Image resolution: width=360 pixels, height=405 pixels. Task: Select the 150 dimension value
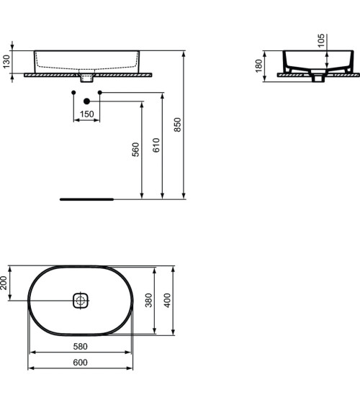[86, 114]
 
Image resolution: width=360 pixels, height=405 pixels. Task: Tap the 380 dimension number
[148, 300]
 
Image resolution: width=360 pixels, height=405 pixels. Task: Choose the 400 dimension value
[168, 300]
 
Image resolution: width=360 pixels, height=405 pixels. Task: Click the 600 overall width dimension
[80, 363]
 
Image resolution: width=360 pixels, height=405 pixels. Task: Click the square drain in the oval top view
[80, 300]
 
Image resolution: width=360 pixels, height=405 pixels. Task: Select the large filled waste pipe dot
[87, 101]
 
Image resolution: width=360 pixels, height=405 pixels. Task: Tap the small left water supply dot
[73, 93]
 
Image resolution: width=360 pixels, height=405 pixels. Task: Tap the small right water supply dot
[100, 93]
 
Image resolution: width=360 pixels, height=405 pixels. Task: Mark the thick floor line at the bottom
[86, 198]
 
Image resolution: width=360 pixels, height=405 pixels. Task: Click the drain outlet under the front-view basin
[87, 76]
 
